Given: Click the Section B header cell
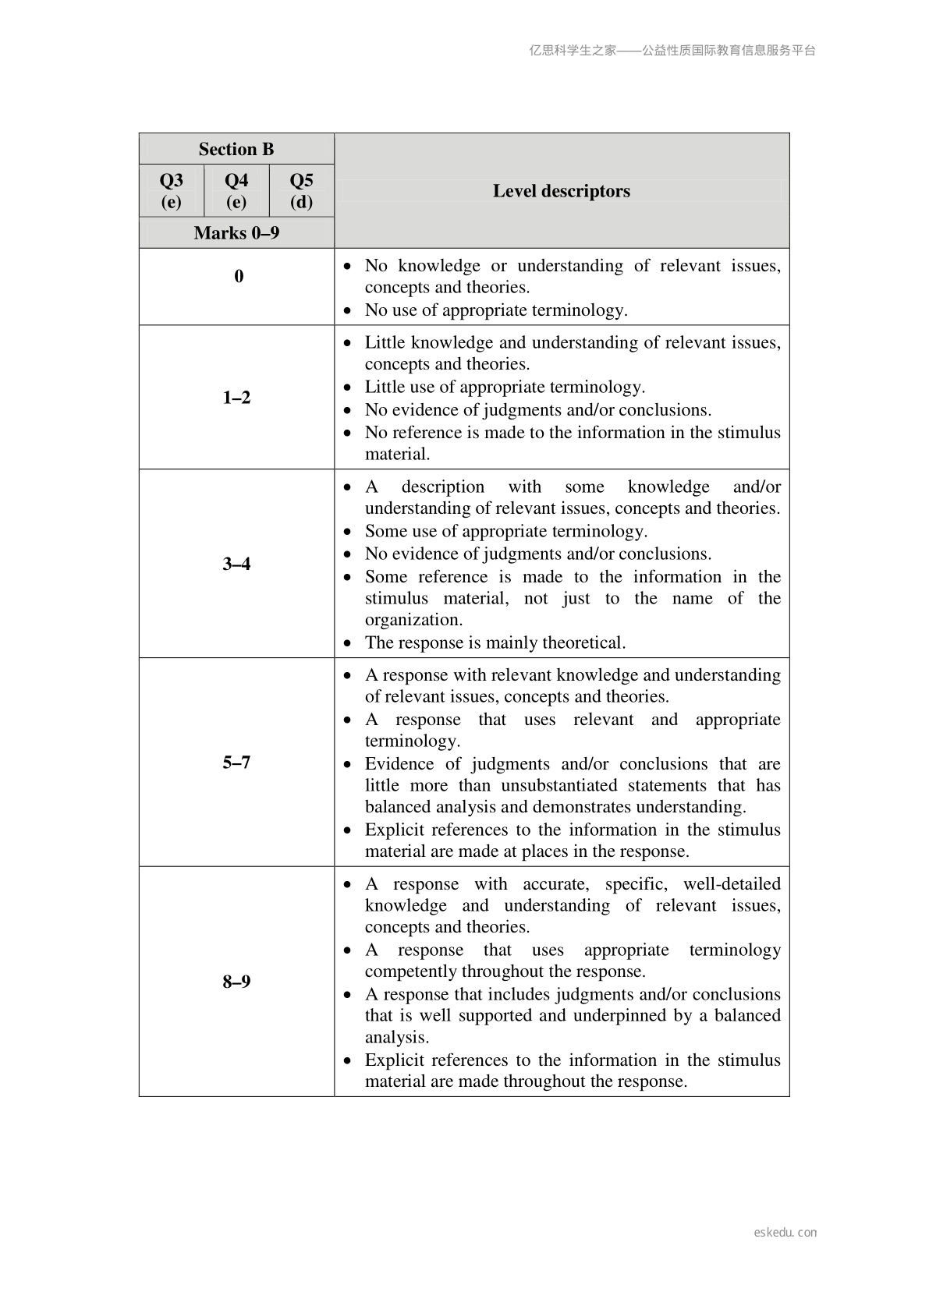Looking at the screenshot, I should click(x=236, y=149).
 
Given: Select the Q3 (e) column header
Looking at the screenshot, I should click(x=171, y=191).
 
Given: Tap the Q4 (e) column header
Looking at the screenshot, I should click(x=236, y=191).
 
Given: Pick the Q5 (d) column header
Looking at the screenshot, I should click(x=301, y=191).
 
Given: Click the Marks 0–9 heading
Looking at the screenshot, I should click(x=236, y=233).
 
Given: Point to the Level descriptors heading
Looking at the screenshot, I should click(x=561, y=191).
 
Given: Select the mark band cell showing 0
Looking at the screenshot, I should click(x=239, y=276).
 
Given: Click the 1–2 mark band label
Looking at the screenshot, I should click(x=236, y=398).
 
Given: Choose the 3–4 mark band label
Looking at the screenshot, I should click(x=236, y=564).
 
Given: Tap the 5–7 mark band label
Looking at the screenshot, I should click(x=236, y=763).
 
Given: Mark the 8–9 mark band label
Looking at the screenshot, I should click(x=236, y=982).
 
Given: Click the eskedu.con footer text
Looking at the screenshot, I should click(x=785, y=1233).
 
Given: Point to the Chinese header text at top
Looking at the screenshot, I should click(x=672, y=51).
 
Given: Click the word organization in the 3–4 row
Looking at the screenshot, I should click(x=413, y=621).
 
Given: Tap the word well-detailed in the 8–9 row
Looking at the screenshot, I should click(x=732, y=884).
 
